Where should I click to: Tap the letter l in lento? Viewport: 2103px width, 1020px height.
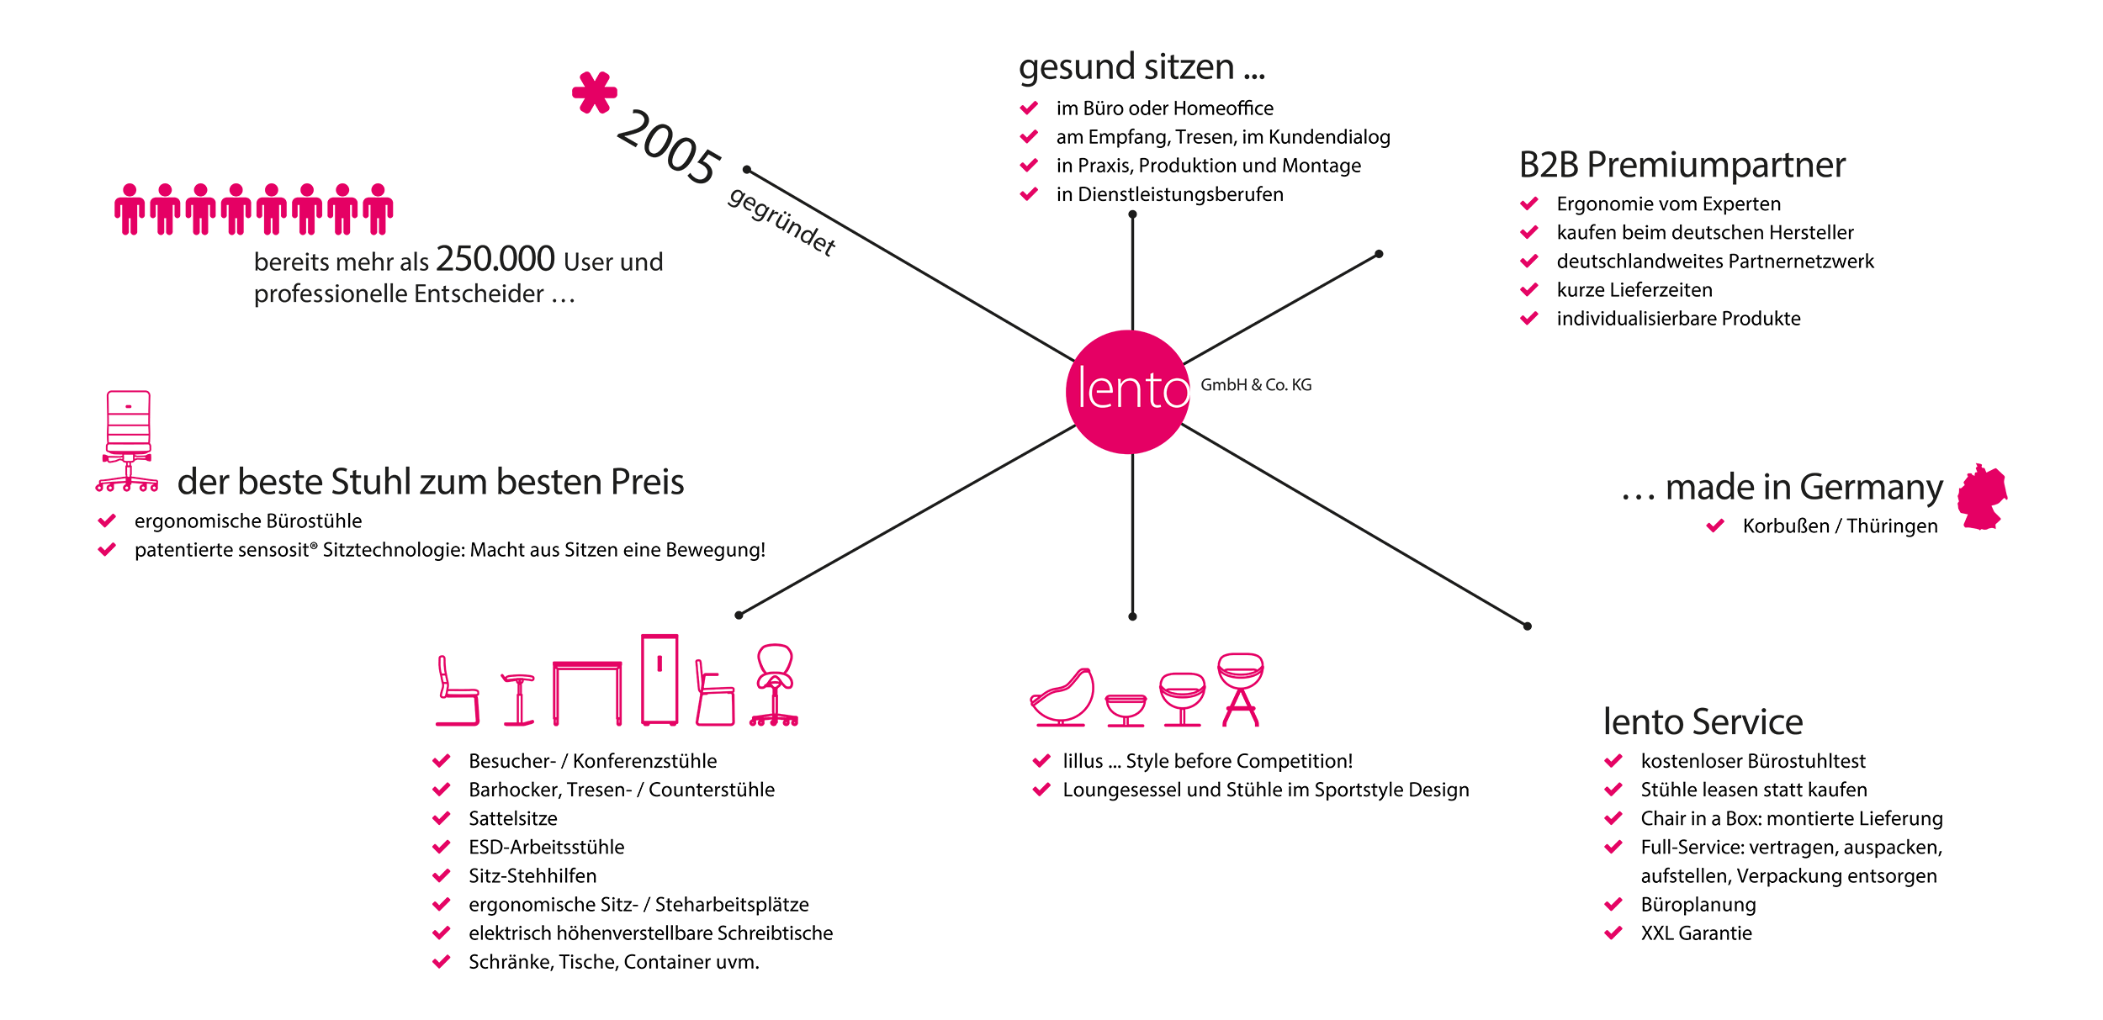(x=1082, y=388)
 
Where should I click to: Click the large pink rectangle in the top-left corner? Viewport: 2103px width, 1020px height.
(x=261, y=135)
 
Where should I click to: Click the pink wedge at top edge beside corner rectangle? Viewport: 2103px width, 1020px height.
(x=589, y=92)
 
